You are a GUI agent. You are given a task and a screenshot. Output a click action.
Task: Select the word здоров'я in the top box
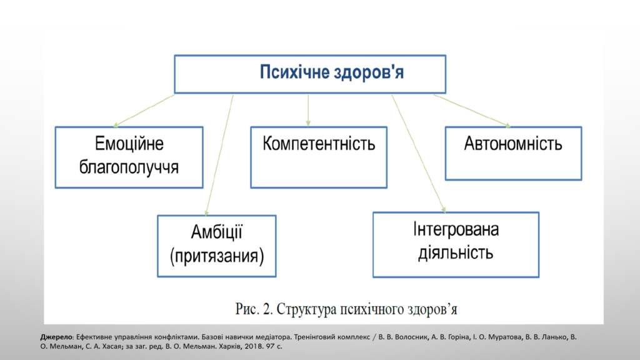pyautogui.click(x=369, y=72)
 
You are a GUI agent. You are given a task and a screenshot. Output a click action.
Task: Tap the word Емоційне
pyautogui.click(x=129, y=144)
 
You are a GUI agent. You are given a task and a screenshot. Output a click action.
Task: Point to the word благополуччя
pyautogui.click(x=129, y=167)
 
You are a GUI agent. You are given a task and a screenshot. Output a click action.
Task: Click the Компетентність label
pyautogui.click(x=319, y=144)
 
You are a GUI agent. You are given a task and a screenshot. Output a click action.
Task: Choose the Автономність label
pyautogui.click(x=513, y=144)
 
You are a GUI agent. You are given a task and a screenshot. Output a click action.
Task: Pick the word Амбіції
pyautogui.click(x=217, y=232)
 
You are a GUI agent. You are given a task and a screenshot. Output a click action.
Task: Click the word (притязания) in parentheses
pyautogui.click(x=217, y=256)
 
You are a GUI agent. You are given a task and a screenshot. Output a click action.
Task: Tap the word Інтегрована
pyautogui.click(x=456, y=229)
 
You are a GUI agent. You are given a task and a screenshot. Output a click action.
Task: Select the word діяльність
pyautogui.click(x=456, y=253)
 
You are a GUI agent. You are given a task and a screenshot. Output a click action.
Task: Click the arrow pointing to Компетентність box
pyautogui.click(x=308, y=110)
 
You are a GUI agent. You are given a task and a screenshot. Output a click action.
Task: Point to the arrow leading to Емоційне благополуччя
pyautogui.click(x=144, y=111)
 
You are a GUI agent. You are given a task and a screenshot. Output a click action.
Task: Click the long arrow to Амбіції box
pyautogui.click(x=219, y=155)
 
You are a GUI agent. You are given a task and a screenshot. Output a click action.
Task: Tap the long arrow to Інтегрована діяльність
pyautogui.click(x=419, y=154)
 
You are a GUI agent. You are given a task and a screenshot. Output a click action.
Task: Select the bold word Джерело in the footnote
pyautogui.click(x=56, y=337)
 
